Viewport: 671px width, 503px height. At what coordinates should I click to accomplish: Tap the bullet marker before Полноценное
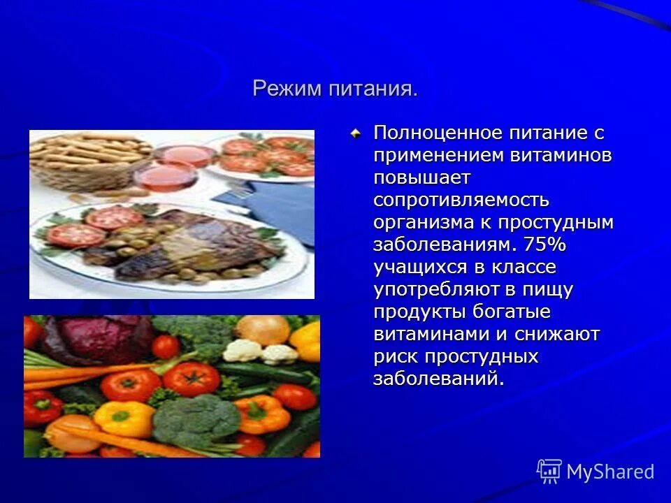pyautogui.click(x=356, y=133)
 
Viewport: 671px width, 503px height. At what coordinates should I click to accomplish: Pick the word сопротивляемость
pyautogui.click(x=461, y=200)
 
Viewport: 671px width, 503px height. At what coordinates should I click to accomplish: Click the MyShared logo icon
pyautogui.click(x=549, y=472)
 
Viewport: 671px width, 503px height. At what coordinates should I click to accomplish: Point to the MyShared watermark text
pyautogui.click(x=610, y=472)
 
